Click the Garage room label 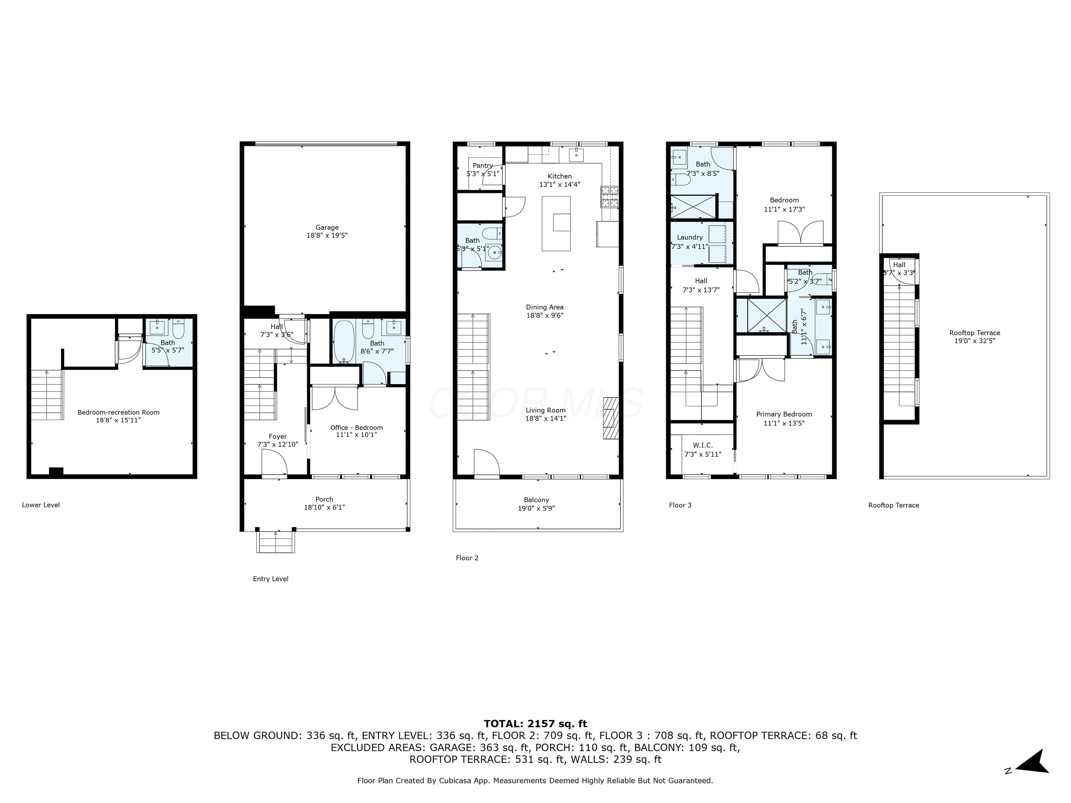(x=327, y=228)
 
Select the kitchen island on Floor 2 (x=556, y=223)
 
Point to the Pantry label (x=483, y=166)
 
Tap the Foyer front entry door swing (x=274, y=463)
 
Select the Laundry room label (x=689, y=237)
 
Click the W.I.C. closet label (x=702, y=445)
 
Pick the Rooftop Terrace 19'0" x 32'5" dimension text (x=974, y=341)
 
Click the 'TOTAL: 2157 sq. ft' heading (x=535, y=724)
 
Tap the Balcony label (x=536, y=500)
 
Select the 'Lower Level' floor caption (x=41, y=505)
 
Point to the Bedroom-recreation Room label (x=118, y=412)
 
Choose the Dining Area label (x=545, y=307)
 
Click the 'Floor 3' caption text (x=680, y=505)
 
